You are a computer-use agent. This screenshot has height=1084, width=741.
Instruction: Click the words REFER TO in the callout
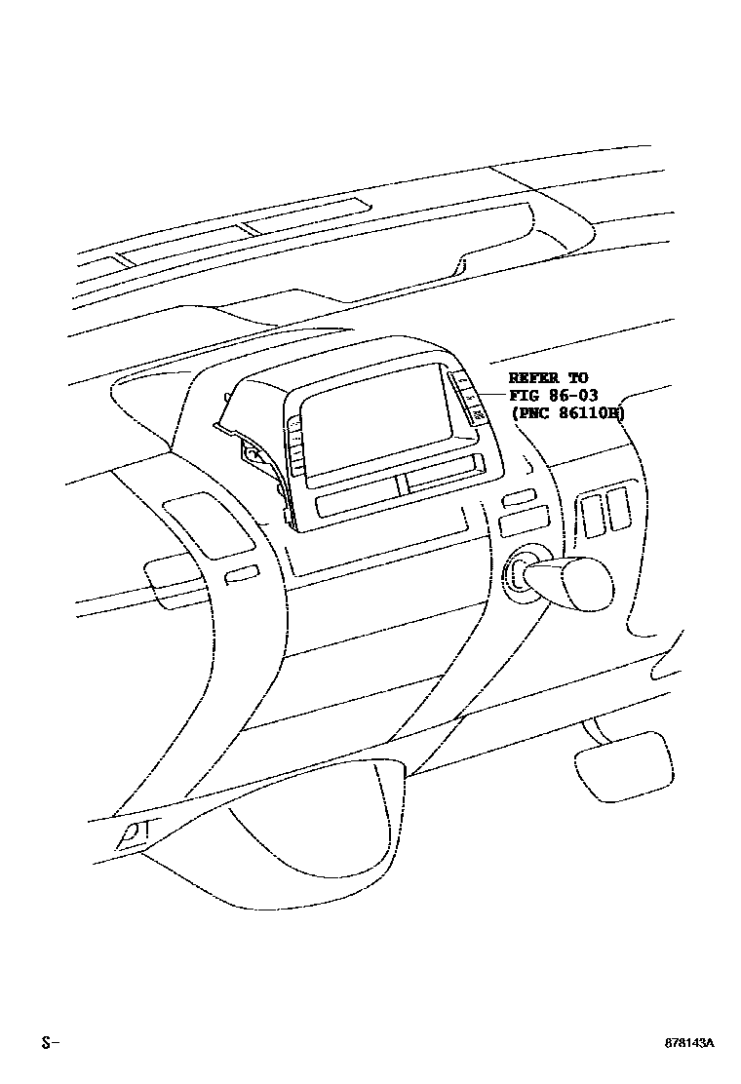(549, 378)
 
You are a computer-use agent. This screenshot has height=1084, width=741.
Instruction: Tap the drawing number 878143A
(690, 1042)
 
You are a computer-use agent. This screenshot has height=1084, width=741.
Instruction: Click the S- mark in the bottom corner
(50, 1042)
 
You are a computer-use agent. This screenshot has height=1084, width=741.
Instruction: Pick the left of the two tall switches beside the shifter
(591, 514)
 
